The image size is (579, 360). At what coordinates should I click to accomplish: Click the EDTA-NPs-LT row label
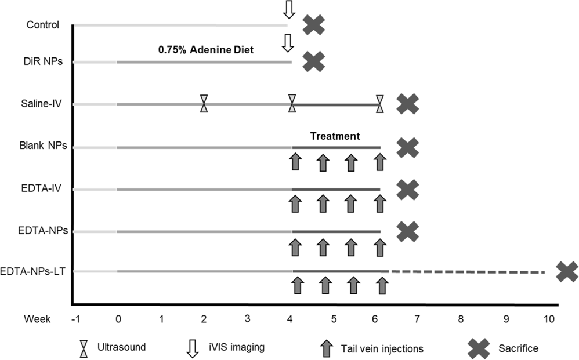[35, 271]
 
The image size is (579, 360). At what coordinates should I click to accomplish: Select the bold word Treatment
[335, 136]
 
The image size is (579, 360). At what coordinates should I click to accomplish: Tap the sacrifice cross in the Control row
[314, 25]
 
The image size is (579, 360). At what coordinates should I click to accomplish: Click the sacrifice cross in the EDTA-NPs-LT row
[566, 272]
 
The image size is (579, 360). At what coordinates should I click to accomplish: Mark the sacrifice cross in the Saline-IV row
[408, 104]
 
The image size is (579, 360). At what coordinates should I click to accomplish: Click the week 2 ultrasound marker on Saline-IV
[204, 104]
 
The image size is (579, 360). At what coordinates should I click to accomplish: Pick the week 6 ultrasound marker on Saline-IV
[379, 104]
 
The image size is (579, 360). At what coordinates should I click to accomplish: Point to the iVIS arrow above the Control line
[288, 10]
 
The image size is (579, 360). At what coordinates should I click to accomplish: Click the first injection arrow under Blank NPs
[295, 161]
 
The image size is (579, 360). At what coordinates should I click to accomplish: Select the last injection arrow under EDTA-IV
[379, 203]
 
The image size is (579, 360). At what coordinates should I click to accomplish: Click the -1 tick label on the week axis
[74, 318]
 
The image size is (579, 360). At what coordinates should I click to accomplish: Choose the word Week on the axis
[37, 318]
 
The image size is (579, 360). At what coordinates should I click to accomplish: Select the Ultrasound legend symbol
[85, 348]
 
